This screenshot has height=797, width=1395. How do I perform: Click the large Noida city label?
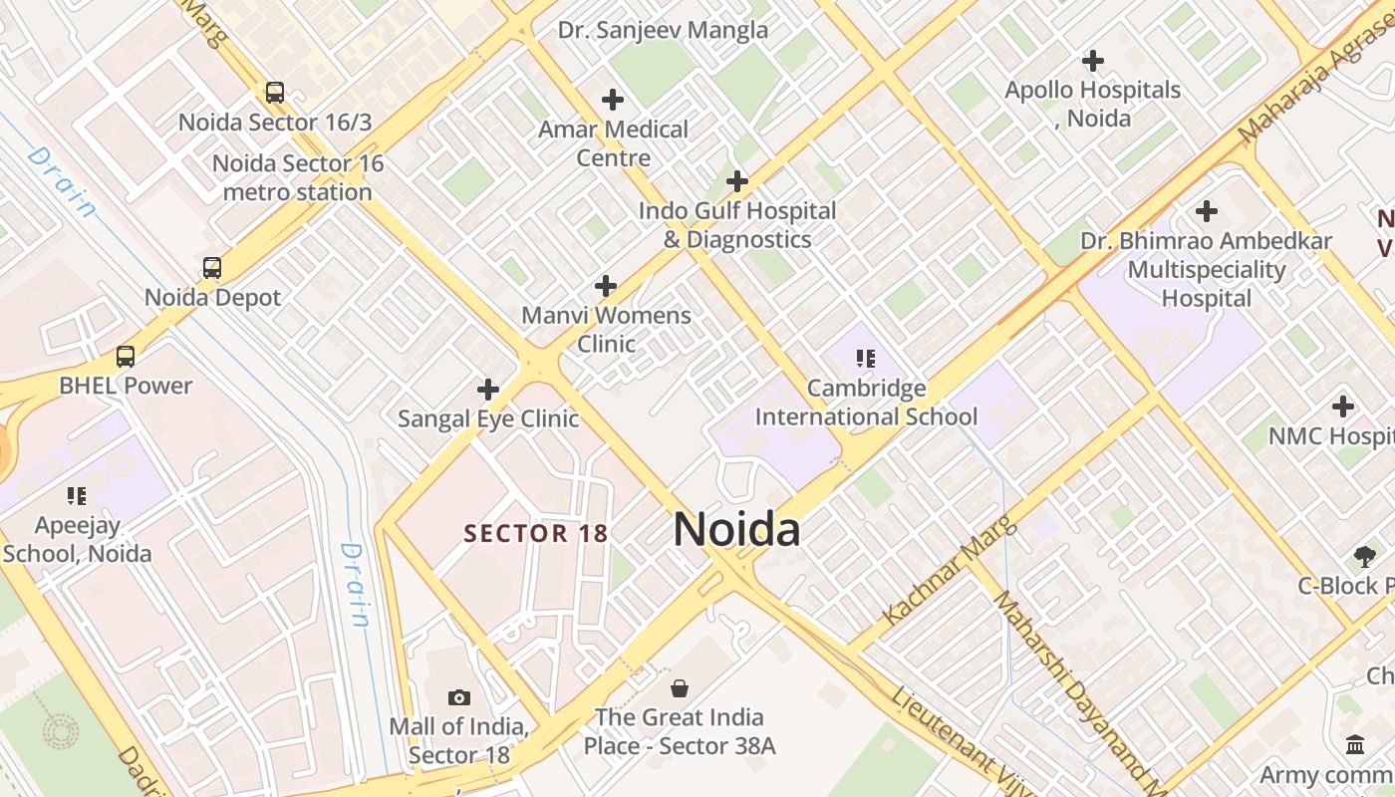pyautogui.click(x=736, y=529)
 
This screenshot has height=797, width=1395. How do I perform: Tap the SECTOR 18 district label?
pyautogui.click(x=536, y=533)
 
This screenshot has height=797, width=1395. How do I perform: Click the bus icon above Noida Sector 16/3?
pyautogui.click(x=274, y=93)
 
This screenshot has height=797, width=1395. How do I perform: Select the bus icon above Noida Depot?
pyautogui.click(x=212, y=267)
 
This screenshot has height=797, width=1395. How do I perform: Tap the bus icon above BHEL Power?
pyautogui.click(x=126, y=356)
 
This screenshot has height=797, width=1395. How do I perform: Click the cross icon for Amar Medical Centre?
pyautogui.click(x=613, y=100)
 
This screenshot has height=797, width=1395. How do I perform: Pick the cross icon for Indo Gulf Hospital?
pyautogui.click(x=737, y=181)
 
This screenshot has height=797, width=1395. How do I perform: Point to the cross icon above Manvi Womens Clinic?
pyautogui.click(x=606, y=286)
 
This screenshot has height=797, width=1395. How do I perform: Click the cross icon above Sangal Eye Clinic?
pyautogui.click(x=488, y=389)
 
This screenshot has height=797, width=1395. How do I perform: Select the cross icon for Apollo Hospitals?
pyautogui.click(x=1093, y=61)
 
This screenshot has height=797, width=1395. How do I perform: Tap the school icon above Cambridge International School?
pyautogui.click(x=866, y=358)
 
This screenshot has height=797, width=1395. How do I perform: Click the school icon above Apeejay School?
pyautogui.click(x=77, y=495)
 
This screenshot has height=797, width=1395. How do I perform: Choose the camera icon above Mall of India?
pyautogui.click(x=459, y=697)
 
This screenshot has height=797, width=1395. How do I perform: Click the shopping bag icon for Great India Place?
pyautogui.click(x=680, y=687)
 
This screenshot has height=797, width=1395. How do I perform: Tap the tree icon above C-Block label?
pyautogui.click(x=1364, y=556)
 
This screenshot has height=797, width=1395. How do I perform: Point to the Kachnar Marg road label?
pyautogui.click(x=950, y=570)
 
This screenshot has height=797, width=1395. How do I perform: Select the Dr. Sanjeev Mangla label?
pyautogui.click(x=663, y=30)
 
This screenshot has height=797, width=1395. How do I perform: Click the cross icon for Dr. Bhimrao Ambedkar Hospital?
pyautogui.click(x=1207, y=211)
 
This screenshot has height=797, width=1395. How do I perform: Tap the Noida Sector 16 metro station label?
pyautogui.click(x=298, y=177)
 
